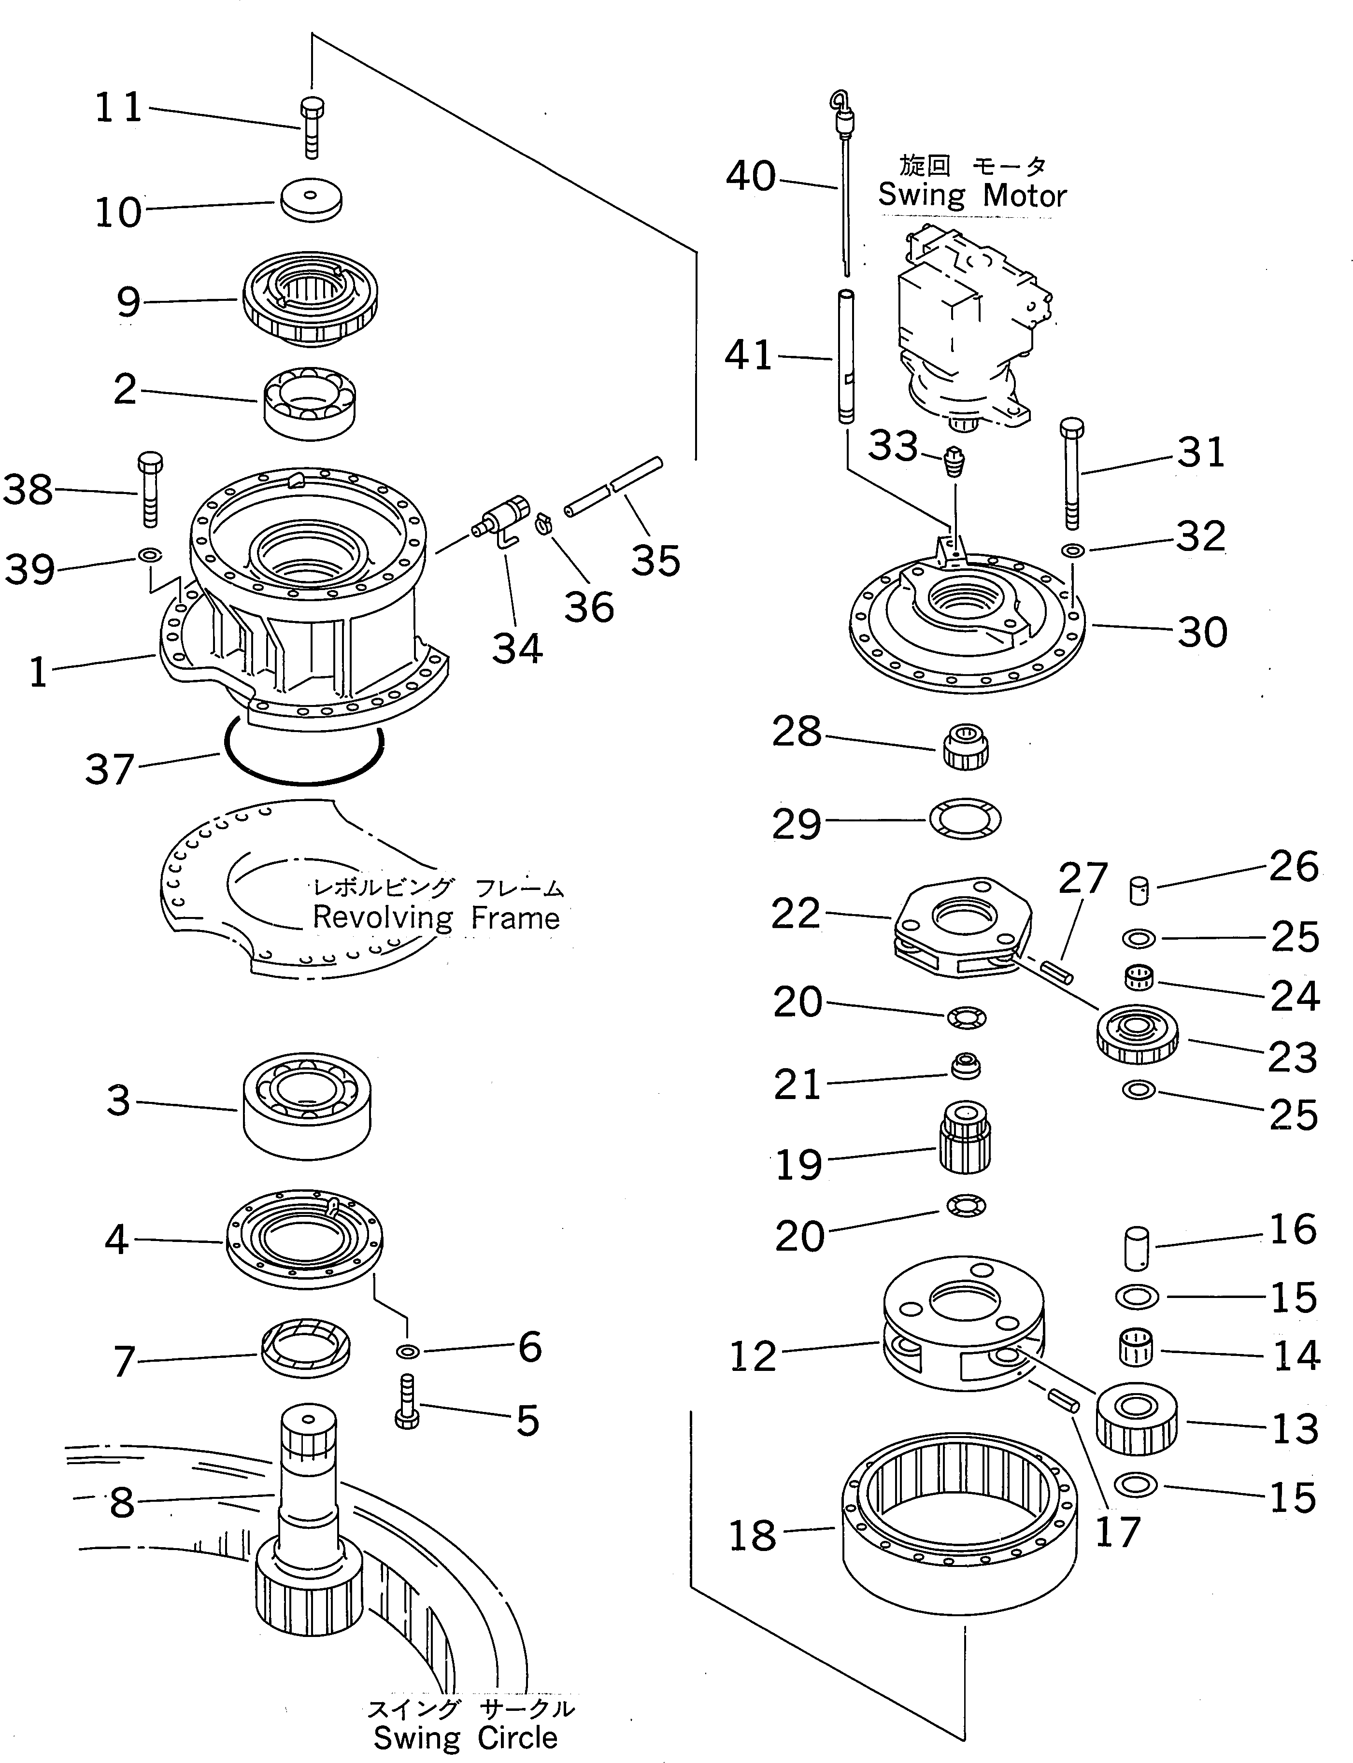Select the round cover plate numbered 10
click(311, 199)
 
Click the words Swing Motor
click(971, 196)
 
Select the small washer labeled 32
click(1073, 550)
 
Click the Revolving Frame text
click(436, 918)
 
